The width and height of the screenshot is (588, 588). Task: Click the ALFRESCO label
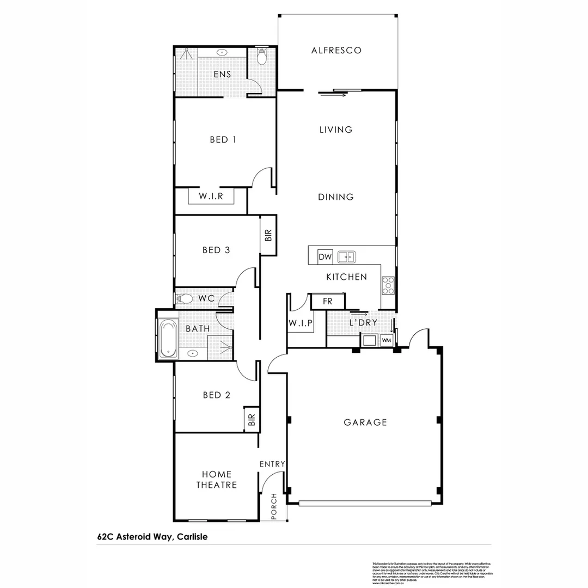click(x=336, y=51)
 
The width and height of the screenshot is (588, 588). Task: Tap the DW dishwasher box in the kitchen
click(x=325, y=257)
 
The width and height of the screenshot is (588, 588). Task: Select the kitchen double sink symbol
click(x=346, y=256)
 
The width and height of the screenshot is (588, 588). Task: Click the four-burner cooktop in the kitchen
click(x=388, y=285)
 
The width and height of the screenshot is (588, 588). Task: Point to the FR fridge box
click(x=328, y=302)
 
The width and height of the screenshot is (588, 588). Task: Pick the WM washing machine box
click(x=387, y=340)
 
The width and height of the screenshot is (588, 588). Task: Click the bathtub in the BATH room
click(x=167, y=338)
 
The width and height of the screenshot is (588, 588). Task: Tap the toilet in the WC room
click(x=184, y=299)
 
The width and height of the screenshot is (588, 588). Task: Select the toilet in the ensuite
click(x=261, y=57)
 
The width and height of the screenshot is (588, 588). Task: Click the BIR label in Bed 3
click(x=268, y=235)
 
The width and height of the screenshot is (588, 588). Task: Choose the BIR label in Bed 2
click(x=251, y=419)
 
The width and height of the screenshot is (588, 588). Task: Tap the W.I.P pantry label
click(x=300, y=323)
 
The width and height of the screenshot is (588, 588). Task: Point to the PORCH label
click(x=274, y=506)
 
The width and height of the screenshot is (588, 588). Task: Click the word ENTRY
click(x=272, y=464)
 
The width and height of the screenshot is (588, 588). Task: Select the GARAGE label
click(x=365, y=422)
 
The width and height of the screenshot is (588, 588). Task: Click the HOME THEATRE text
click(x=217, y=480)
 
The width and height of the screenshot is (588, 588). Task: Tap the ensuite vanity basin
click(x=222, y=53)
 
